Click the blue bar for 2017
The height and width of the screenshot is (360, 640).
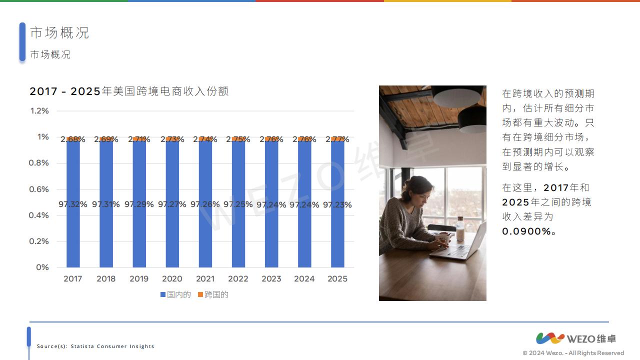coord(73,204)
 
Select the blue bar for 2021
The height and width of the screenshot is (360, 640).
coord(205,204)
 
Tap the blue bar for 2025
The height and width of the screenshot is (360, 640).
coord(337,204)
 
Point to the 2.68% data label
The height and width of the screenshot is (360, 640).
coord(73,139)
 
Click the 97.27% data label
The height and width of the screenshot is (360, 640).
coord(172,204)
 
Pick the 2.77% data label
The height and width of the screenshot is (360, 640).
coord(337,139)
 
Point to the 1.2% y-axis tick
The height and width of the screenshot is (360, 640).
coord(39,111)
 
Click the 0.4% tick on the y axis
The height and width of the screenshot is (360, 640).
coord(39,215)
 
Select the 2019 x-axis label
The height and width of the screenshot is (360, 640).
coord(139,279)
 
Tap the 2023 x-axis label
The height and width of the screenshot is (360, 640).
coord(271,279)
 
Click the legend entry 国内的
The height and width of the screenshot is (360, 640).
coord(175,294)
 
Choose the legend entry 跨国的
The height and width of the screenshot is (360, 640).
coord(213,294)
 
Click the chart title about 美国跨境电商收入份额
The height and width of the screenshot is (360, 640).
coord(129,91)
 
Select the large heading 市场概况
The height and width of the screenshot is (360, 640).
coord(59,32)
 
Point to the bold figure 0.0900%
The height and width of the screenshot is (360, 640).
coord(526,231)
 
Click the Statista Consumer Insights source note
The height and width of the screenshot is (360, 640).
coord(95,346)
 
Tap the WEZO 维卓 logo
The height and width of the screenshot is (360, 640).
coord(576,338)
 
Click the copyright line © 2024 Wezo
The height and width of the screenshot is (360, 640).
coord(573,353)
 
